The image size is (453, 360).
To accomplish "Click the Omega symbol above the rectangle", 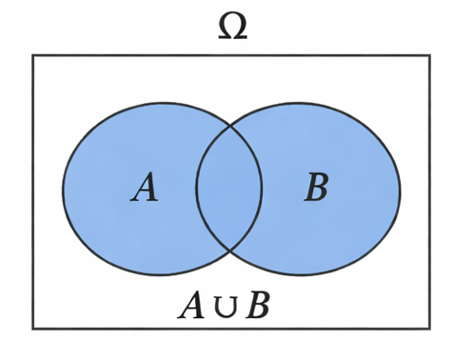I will click(x=232, y=27).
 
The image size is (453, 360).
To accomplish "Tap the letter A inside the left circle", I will click(x=145, y=188).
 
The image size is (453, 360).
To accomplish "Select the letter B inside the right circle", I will click(x=316, y=188).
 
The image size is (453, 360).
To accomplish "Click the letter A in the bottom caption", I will click(x=191, y=306).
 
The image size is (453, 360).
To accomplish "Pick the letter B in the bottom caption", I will click(x=258, y=306).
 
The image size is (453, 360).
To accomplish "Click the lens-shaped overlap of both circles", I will click(x=229, y=189).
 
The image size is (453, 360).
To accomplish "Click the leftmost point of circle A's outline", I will click(x=63, y=189).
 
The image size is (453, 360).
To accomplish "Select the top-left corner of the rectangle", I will click(x=33, y=55).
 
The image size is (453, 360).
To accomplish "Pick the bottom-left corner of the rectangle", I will click(x=33, y=329).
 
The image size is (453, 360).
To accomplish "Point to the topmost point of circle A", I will click(x=162, y=102).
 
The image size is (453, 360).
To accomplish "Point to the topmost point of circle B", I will click(x=299, y=104).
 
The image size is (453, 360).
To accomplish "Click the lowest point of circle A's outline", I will click(x=162, y=274).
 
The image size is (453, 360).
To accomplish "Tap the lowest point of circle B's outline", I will click(x=299, y=275).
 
